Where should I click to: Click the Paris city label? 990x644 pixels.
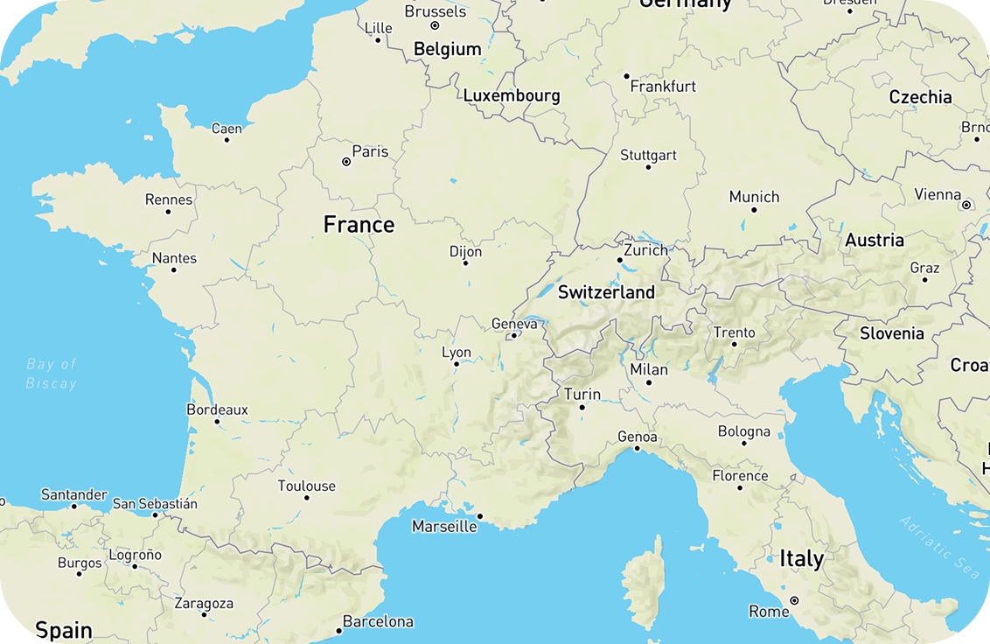tap(370, 151)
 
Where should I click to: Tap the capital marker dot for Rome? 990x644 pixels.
tap(794, 601)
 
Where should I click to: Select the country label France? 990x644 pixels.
tap(359, 225)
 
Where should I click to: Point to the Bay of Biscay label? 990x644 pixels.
tap(51, 374)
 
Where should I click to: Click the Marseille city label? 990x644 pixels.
tap(444, 527)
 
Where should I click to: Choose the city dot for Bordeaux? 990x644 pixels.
tap(217, 422)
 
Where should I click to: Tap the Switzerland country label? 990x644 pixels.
tap(606, 292)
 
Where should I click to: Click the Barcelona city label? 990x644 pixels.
tap(378, 622)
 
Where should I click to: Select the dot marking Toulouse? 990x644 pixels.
tap(307, 498)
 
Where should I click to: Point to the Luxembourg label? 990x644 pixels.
tap(512, 95)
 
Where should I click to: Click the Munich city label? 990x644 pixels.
tap(754, 197)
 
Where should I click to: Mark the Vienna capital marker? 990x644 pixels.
tap(966, 205)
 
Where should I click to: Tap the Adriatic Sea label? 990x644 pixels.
tap(939, 547)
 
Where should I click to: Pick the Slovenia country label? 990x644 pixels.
tap(891, 333)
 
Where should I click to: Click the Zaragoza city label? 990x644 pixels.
tap(204, 604)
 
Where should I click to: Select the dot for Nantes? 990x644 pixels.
tap(173, 270)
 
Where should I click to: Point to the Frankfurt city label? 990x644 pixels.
tap(663, 87)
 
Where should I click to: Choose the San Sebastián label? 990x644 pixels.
tap(155, 504)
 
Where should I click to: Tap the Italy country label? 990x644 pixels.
tap(801, 558)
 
